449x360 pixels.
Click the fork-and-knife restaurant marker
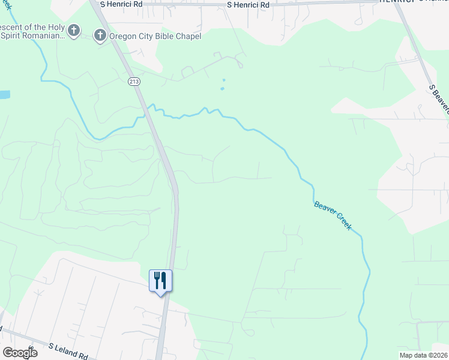tap(160, 280)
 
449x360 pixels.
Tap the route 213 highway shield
tap(133, 81)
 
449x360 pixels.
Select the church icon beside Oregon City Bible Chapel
tap(100, 36)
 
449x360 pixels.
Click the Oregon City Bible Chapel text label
tap(154, 36)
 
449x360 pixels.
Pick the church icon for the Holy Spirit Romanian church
tap(74, 31)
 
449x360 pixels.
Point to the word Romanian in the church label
tap(42, 36)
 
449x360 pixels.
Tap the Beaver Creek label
tap(333, 215)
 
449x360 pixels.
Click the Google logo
tap(20, 353)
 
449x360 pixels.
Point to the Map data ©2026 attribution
tap(423, 355)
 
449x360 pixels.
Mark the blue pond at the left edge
tap(4, 95)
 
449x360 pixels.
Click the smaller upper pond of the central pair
tap(224, 80)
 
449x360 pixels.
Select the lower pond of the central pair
tap(222, 89)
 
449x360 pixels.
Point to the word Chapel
tap(187, 36)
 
